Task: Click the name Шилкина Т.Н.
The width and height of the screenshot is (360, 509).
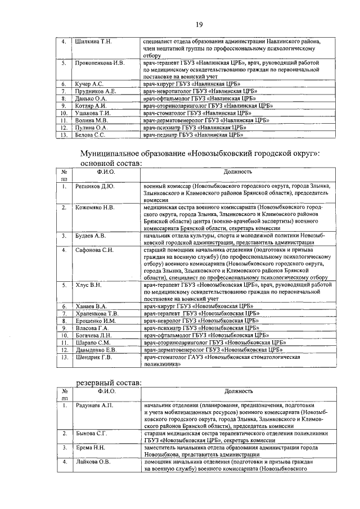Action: click(93, 42)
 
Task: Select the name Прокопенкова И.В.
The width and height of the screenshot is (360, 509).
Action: click(100, 63)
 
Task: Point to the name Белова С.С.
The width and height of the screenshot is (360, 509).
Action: click(90, 135)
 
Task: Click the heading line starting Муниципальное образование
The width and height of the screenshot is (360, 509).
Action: click(200, 153)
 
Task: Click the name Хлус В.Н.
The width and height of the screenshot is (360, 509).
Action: click(89, 286)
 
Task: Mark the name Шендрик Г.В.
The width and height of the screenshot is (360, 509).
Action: click(93, 357)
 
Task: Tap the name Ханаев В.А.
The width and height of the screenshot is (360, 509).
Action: click(91, 307)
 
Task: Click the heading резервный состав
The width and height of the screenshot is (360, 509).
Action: click(109, 382)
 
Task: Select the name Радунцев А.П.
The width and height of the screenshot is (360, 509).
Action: click(95, 405)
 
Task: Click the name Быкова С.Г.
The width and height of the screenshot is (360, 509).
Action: click(91, 433)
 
